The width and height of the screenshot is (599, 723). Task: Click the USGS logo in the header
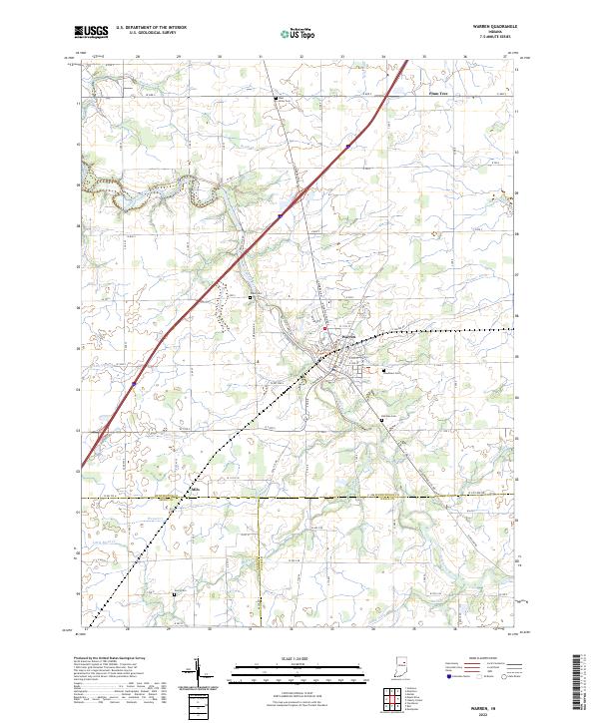click(x=92, y=32)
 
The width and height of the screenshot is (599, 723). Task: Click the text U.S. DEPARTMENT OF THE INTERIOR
click(x=151, y=28)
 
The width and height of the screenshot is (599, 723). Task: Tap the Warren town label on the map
click(x=348, y=337)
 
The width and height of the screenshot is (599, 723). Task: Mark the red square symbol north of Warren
click(x=323, y=328)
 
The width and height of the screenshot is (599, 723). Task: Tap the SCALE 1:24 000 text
click(x=299, y=660)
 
